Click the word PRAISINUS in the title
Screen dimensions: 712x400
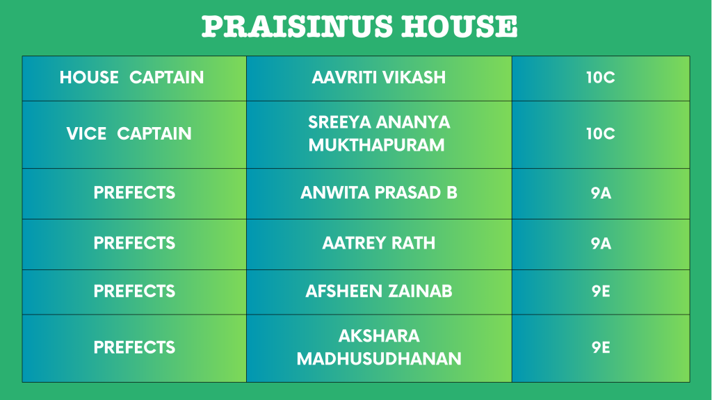(297, 26)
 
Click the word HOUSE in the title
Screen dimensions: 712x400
(460, 26)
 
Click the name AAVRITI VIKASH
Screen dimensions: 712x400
(379, 78)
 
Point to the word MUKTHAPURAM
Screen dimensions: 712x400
(376, 145)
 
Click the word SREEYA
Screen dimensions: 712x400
(339, 122)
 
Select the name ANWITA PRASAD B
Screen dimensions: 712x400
(379, 193)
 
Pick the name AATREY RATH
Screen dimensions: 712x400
(379, 243)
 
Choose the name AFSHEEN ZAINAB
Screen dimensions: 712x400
(379, 291)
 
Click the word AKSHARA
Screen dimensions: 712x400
(379, 336)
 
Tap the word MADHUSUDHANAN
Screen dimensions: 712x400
(379, 359)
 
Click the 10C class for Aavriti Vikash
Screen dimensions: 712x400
(600, 78)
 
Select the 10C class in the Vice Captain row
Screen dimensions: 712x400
(600, 134)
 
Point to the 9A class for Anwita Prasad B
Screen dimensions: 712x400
(601, 193)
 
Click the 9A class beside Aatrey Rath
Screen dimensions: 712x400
(601, 244)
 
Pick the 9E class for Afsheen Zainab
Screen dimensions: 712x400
(601, 291)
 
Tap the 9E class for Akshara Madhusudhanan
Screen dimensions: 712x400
(601, 347)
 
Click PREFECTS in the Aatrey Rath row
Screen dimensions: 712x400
(134, 243)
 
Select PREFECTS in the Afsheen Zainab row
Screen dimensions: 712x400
(134, 291)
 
